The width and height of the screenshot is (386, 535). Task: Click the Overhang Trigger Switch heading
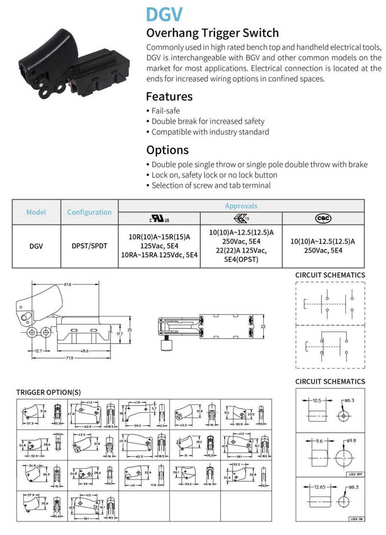point(213,33)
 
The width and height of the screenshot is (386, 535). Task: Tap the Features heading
point(169,96)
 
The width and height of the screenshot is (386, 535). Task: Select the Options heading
point(167,150)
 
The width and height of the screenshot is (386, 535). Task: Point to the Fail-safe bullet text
point(166,111)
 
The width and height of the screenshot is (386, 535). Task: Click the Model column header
point(36,212)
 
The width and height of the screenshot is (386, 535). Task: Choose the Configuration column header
point(89,212)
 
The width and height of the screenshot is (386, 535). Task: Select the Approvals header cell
point(241,206)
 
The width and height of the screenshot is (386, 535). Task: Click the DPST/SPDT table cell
point(89,246)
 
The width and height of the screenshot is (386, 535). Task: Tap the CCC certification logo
point(323,218)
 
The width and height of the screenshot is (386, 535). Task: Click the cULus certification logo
point(159,219)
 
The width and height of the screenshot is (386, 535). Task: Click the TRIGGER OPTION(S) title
point(48,392)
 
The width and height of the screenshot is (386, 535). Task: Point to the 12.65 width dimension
point(320,487)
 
